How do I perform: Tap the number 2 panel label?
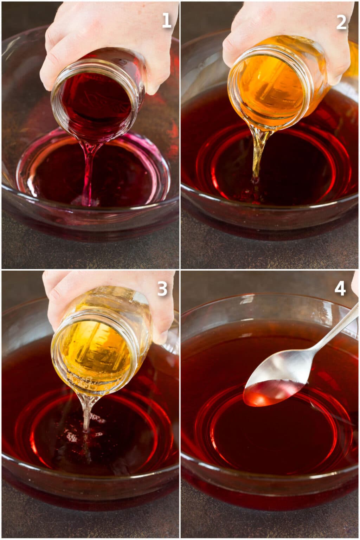341,22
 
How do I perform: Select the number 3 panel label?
162,289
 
